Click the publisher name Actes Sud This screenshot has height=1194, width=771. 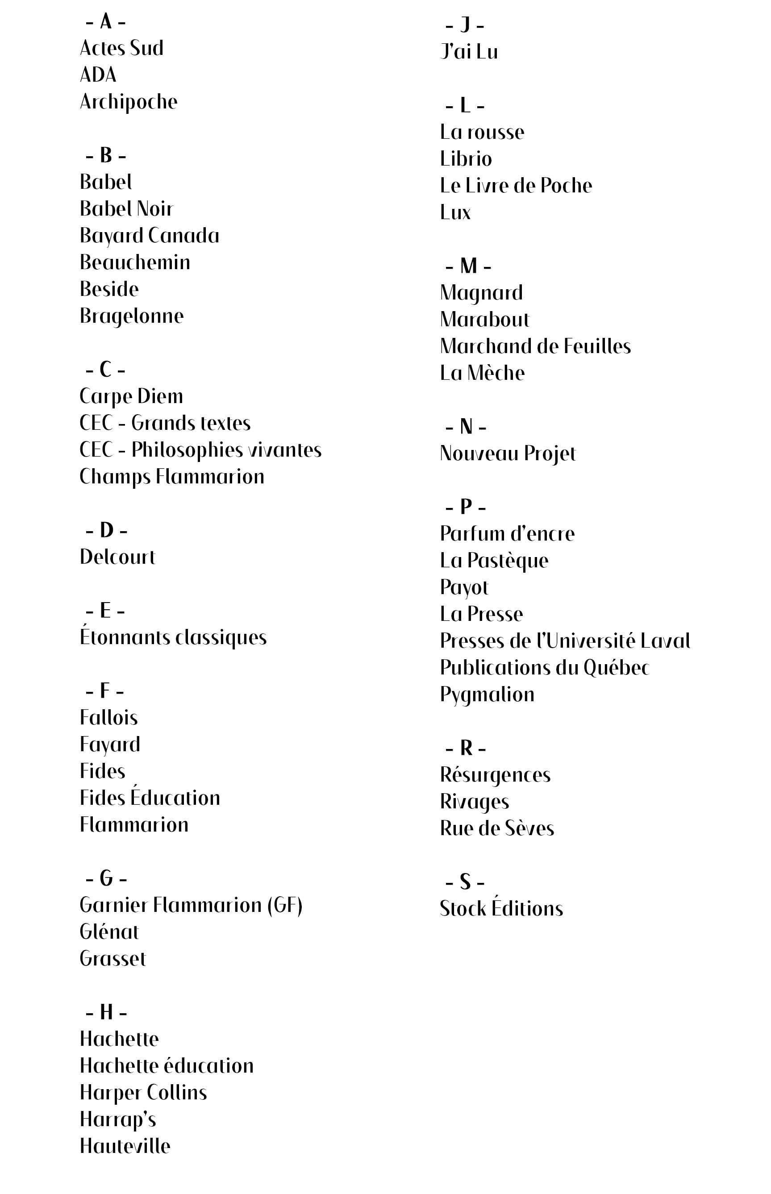pos(122,48)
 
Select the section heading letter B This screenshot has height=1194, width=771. pos(106,155)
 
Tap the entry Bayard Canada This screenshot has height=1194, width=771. pos(149,236)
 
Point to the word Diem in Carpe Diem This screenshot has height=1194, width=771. pos(160,396)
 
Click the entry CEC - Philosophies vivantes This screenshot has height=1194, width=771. pos(200,450)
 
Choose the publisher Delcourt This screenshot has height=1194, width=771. pos(118,557)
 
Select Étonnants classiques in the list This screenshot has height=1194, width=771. pos(173,637)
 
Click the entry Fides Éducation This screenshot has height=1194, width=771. pos(150,798)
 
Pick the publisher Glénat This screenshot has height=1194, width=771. pos(109,932)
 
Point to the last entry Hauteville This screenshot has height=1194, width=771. pos(125,1146)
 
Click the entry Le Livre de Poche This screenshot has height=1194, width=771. pos(516,186)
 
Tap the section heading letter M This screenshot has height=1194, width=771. pos(469,266)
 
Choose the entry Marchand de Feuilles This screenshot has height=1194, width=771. pos(535,346)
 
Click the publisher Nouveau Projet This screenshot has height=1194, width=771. pos(508,453)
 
